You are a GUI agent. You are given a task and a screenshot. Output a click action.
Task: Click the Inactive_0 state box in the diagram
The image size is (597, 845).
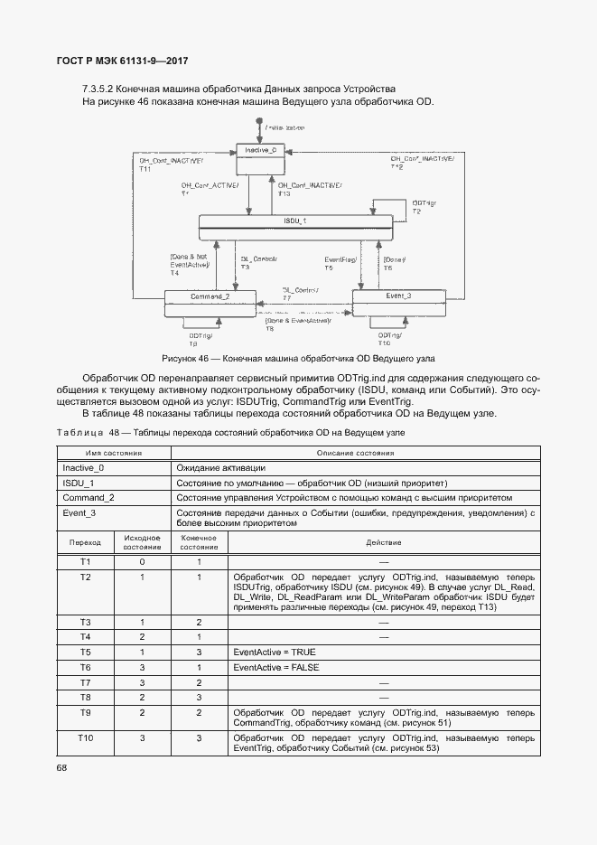click(266, 159)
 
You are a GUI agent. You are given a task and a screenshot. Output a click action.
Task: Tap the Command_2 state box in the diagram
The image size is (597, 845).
click(210, 304)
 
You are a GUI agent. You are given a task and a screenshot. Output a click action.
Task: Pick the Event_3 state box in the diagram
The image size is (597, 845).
click(397, 303)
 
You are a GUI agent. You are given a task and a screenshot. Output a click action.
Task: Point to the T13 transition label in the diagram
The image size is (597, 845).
click(284, 193)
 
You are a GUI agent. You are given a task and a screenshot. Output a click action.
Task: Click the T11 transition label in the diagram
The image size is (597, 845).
click(145, 169)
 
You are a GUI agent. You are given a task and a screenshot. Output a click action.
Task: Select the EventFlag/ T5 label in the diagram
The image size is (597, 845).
click(340, 264)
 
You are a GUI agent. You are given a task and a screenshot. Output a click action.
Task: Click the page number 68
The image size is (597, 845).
click(62, 767)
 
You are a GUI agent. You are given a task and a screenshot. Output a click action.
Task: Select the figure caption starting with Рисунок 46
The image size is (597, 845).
click(298, 358)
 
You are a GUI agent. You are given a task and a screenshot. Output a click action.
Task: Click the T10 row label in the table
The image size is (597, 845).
click(86, 738)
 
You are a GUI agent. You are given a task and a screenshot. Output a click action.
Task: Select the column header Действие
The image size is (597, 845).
click(383, 542)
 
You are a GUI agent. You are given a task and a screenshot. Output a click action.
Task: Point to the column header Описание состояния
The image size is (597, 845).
click(356, 453)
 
